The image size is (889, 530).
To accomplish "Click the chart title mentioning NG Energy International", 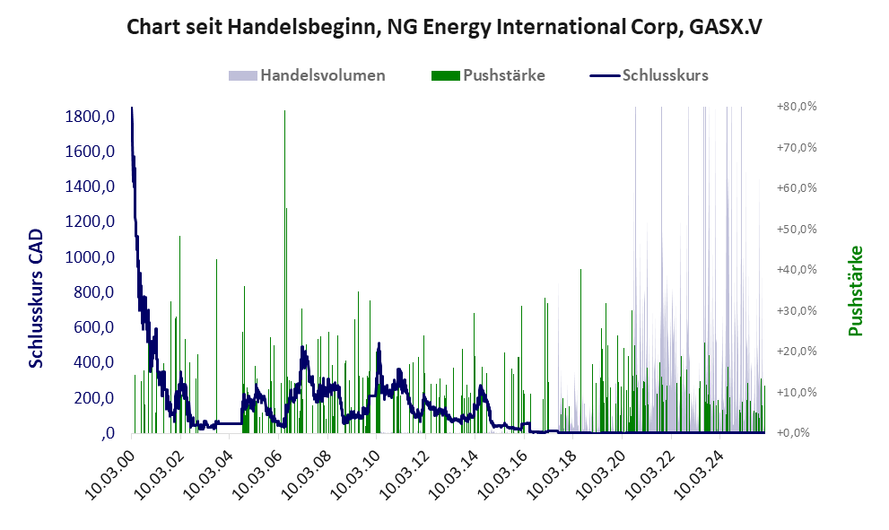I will click(444, 27).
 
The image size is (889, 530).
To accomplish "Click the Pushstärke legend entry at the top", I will click(503, 75).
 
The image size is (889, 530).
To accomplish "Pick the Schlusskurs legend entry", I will click(665, 75).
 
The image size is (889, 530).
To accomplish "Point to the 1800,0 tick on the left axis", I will click(90, 117).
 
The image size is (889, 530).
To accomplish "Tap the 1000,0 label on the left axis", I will click(90, 257).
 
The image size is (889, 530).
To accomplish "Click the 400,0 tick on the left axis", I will click(93, 362).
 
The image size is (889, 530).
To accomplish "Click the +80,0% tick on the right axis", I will click(797, 106).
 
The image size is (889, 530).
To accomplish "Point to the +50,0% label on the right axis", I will click(797, 229).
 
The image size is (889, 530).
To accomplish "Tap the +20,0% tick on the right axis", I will click(797, 352).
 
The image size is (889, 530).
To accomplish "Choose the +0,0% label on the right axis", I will click(797, 433).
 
